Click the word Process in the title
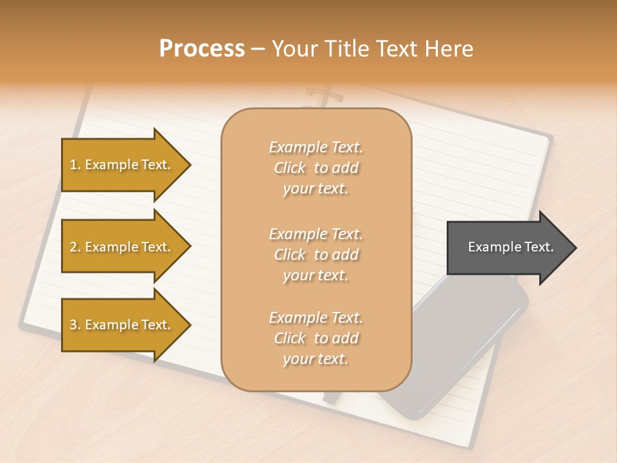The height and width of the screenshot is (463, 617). pos(202,49)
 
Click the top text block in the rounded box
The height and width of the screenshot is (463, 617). pos(316,168)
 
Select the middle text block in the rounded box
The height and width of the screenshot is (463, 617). pos(316,255)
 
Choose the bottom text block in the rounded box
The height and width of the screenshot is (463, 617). pos(316,338)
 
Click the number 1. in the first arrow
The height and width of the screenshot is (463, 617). pos(75,165)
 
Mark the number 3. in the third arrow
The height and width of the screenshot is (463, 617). pos(75,325)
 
